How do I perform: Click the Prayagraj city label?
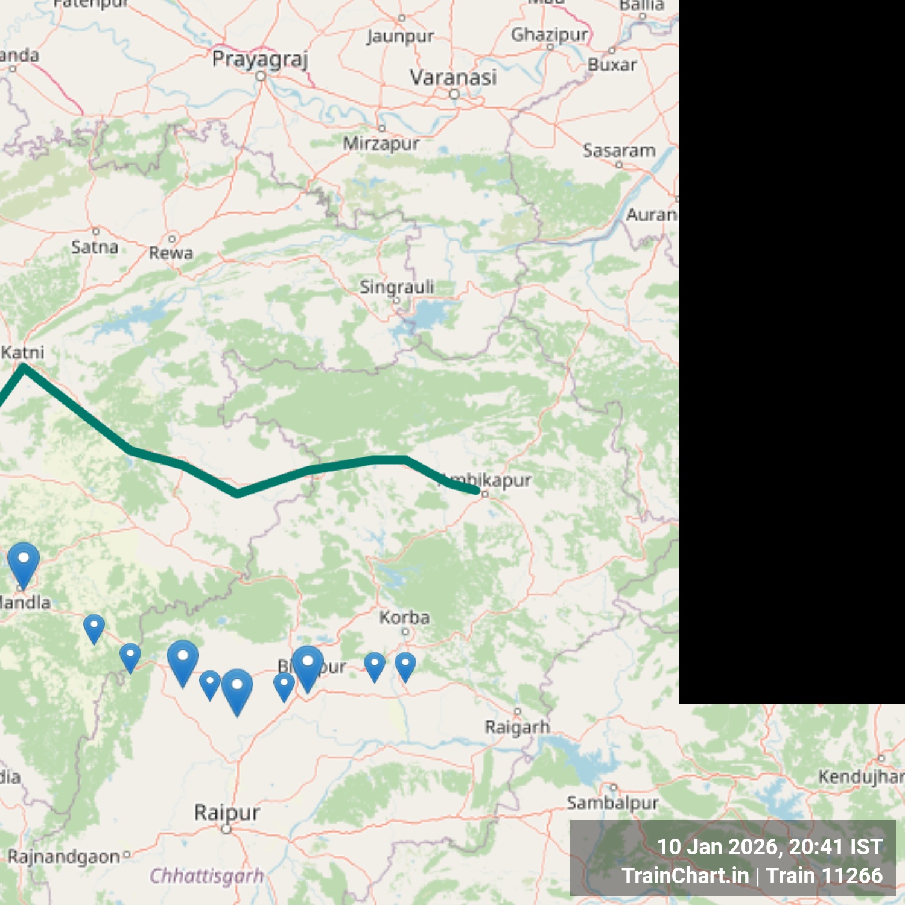(x=260, y=59)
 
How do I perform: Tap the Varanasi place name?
(x=453, y=77)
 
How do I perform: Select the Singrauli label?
(x=396, y=287)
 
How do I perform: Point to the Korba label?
(x=404, y=617)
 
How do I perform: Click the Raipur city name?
(x=226, y=812)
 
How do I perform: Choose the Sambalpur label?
(x=612, y=802)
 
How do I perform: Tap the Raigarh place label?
(x=517, y=727)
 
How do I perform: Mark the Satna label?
(x=95, y=247)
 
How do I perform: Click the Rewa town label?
(x=171, y=253)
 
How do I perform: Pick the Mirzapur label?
(x=381, y=144)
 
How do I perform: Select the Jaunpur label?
(x=399, y=36)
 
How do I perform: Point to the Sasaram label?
(x=619, y=150)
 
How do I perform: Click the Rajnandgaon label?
(x=64, y=856)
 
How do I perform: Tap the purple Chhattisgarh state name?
(x=206, y=875)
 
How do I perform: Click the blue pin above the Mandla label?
(x=24, y=560)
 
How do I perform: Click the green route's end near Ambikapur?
(x=477, y=491)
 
